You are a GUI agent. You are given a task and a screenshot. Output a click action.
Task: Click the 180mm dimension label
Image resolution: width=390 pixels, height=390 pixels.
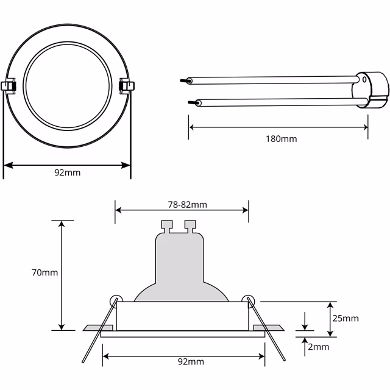(282, 139)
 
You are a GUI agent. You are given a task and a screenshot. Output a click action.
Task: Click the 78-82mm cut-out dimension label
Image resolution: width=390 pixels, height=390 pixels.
(182, 205)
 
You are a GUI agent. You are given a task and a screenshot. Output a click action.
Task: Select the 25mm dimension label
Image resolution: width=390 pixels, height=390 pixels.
(346, 318)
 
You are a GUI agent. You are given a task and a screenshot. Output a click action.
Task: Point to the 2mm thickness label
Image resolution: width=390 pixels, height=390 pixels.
(319, 347)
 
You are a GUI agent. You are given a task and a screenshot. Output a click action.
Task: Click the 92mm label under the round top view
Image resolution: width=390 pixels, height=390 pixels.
(67, 172)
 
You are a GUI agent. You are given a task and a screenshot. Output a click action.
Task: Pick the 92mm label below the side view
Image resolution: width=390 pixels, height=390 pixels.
(191, 361)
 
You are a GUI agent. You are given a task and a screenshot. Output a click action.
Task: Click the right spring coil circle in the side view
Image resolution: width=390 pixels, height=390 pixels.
(247, 299)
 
